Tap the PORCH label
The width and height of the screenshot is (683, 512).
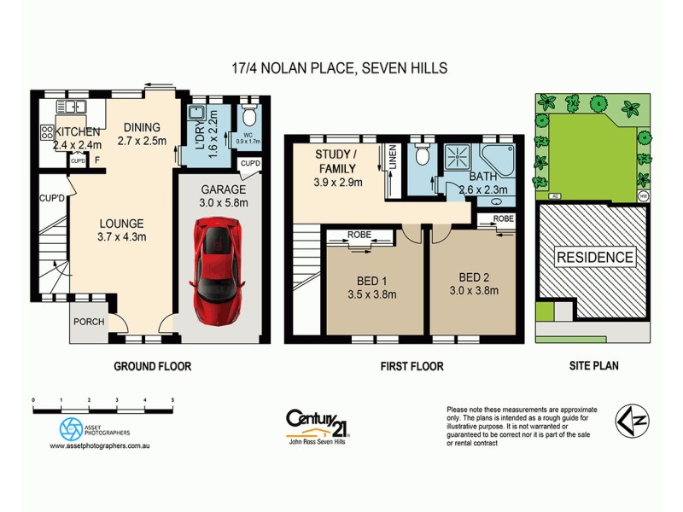click(x=88, y=322)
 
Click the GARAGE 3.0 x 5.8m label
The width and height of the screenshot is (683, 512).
click(x=223, y=195)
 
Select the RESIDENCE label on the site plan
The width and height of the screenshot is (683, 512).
click(x=595, y=257)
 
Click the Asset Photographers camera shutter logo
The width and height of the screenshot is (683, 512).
click(x=71, y=428)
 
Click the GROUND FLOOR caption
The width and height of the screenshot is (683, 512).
click(x=153, y=366)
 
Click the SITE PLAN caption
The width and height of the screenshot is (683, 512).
click(x=593, y=366)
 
